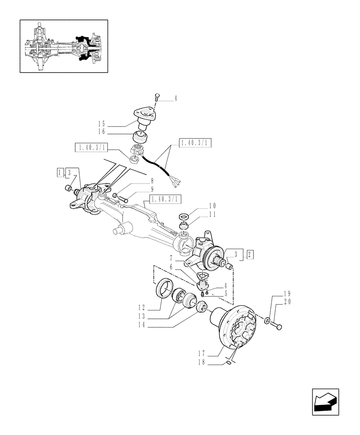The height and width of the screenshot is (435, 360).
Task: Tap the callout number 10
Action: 212,205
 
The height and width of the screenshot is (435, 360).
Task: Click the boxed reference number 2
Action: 250,255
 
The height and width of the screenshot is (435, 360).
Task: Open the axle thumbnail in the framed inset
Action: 63,46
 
